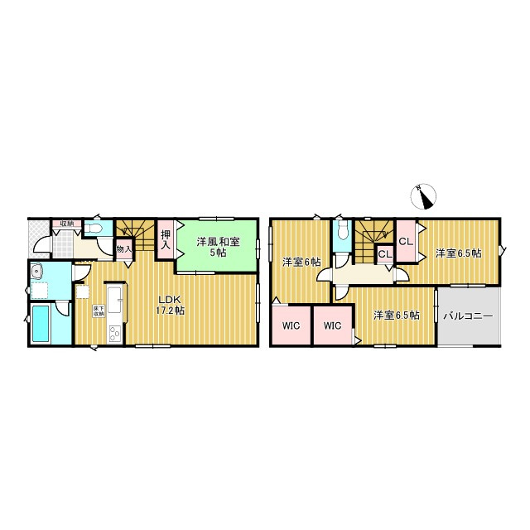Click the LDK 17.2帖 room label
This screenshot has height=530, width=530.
170,305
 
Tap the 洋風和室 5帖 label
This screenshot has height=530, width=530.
218,247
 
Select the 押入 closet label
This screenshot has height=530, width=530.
166,239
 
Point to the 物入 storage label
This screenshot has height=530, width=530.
123,249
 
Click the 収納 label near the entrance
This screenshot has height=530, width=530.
66,224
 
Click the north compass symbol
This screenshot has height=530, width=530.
423,197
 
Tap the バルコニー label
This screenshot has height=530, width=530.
468,316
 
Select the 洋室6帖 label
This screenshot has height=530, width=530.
301,262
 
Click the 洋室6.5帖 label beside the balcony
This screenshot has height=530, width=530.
397,316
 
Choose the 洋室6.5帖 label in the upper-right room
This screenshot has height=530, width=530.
458,253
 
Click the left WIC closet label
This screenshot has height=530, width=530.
291,325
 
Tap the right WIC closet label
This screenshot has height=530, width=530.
332,325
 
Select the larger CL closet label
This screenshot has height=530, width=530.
406,242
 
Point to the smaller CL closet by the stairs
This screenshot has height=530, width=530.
385,254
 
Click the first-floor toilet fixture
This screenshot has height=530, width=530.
94,229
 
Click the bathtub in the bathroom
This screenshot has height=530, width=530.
41,324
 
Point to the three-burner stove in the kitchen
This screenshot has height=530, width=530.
114,334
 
